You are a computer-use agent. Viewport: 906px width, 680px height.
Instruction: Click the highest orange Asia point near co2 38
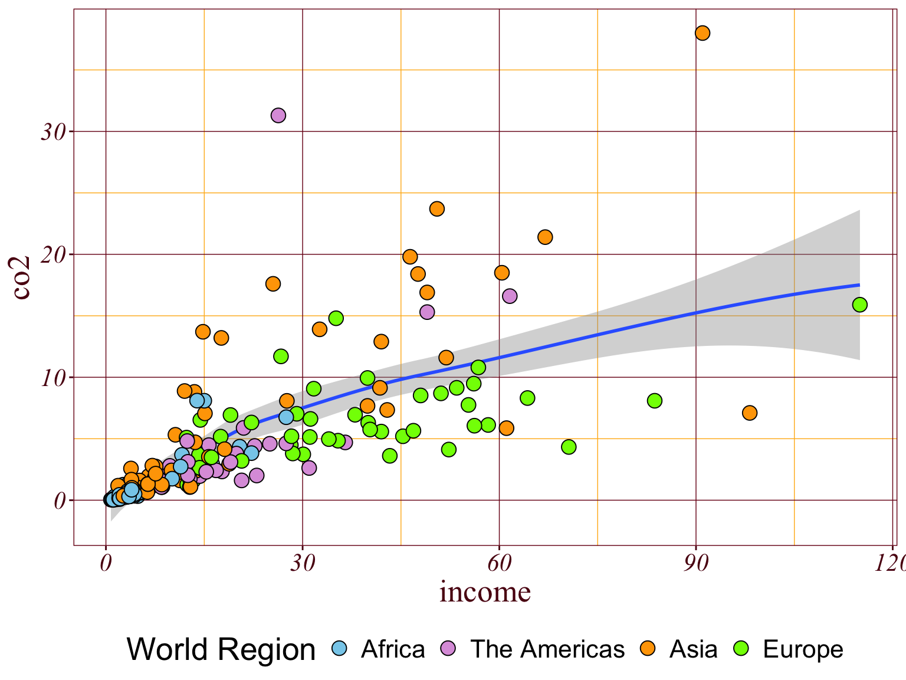[702, 33]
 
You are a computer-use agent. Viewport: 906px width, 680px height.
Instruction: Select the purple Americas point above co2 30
[278, 115]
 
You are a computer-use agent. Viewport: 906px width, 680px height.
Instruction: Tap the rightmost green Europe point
[859, 305]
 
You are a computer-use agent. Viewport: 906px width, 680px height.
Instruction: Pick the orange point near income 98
[750, 413]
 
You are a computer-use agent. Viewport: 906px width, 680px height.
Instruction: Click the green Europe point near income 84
[655, 401]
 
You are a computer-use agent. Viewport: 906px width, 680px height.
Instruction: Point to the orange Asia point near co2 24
[437, 209]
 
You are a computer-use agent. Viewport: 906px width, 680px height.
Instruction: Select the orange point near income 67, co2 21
[545, 237]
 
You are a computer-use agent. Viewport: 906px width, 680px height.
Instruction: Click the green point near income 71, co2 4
[569, 447]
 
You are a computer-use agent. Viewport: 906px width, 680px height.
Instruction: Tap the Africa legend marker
[339, 648]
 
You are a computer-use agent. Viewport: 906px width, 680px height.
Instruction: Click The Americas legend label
[547, 649]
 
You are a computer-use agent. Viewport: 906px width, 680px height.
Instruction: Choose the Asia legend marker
[648, 648]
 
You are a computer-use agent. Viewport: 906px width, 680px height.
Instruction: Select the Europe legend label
[803, 649]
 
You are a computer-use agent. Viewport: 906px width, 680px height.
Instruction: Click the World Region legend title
[221, 649]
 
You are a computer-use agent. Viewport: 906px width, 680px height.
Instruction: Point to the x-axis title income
[485, 592]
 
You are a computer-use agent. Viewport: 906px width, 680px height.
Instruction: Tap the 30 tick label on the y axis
[52, 132]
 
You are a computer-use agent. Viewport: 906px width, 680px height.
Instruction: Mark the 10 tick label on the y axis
[52, 378]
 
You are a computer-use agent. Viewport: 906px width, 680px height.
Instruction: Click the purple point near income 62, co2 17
[510, 296]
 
